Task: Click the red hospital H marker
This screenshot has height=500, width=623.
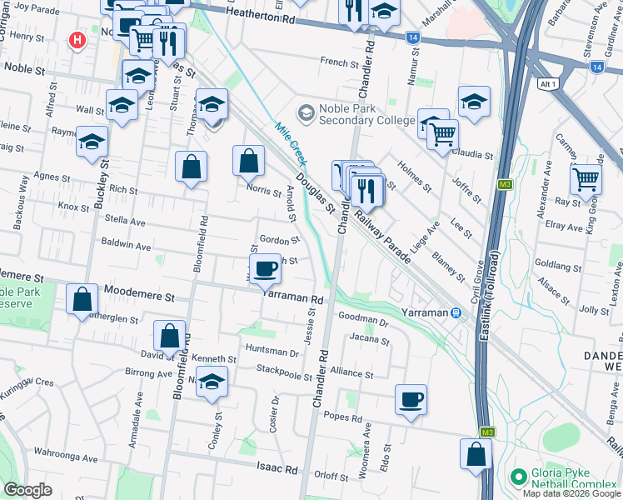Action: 77,39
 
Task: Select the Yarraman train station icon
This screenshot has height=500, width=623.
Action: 456,312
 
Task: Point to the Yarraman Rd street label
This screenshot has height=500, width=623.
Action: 292,298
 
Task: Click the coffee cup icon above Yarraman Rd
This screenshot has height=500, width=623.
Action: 266,269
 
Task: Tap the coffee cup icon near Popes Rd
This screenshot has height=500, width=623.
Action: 410,399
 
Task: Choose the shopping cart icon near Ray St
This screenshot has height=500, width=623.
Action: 586,177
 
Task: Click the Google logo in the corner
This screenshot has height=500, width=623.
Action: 27,490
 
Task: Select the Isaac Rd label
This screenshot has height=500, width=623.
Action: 278,470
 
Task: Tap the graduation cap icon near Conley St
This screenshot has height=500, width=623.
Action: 213,382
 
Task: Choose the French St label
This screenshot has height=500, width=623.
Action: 339,61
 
